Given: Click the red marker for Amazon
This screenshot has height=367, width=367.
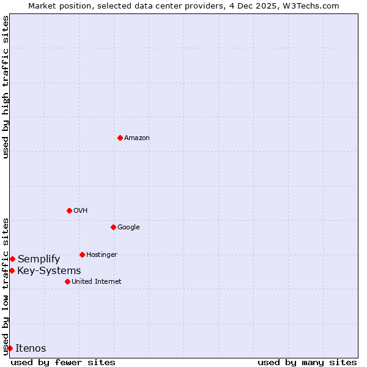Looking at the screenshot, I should (x=120, y=138).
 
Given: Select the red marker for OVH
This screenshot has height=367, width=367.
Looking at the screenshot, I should (x=69, y=210).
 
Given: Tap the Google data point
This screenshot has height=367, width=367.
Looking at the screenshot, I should (x=113, y=227).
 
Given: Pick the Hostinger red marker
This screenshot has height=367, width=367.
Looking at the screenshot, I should (x=82, y=254).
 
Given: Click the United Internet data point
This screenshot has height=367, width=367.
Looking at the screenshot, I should (x=67, y=281).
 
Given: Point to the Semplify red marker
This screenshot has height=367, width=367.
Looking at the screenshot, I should (x=12, y=259).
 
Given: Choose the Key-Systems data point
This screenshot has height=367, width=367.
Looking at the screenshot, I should (x=12, y=270).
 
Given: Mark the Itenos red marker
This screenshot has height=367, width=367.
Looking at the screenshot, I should (x=10, y=348).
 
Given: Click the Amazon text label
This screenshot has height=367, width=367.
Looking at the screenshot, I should (x=137, y=138).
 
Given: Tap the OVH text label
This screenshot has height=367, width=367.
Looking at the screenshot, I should (x=81, y=211).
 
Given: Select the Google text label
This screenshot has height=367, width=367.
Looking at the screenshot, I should (x=128, y=228).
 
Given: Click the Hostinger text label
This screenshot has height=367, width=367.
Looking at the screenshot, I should (x=102, y=255).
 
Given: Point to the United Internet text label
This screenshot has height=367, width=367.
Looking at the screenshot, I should (x=97, y=282).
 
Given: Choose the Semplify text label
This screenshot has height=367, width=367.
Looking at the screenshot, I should (x=39, y=259).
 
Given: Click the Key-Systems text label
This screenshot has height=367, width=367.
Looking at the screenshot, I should (x=49, y=271).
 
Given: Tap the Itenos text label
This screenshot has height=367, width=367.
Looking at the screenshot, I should (x=31, y=349).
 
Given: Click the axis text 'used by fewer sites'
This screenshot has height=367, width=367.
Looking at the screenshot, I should (x=63, y=362).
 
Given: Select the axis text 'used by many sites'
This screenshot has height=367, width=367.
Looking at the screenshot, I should (x=307, y=362).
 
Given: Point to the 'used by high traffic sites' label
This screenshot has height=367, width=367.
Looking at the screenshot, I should (x=6, y=87).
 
